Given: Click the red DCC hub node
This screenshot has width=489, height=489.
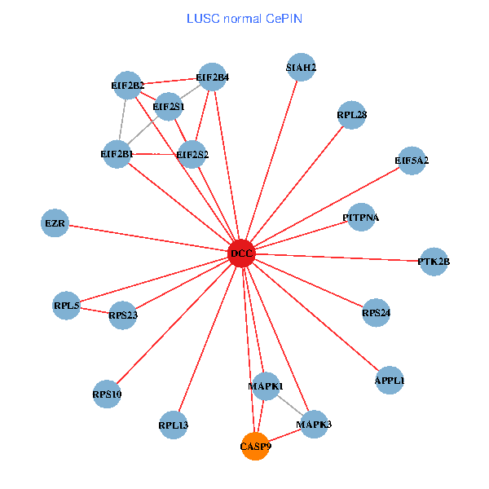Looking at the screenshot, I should tap(242, 254).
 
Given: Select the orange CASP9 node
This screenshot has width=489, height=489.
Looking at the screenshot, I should tap(256, 447).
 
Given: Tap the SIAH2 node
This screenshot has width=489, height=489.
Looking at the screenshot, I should tap(302, 67).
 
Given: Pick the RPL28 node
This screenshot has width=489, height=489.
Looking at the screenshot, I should tap(352, 115).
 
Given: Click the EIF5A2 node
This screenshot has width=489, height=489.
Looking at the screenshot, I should tap(412, 160).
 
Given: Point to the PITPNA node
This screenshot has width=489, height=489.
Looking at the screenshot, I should tap(361, 218).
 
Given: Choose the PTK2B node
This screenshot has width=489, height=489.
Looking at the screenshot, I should tap(434, 262).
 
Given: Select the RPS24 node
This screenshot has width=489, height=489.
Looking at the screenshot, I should tap(377, 312).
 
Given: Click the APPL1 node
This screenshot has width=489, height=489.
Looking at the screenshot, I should tap(390, 381).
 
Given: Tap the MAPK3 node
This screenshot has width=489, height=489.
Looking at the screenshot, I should tap(314, 425).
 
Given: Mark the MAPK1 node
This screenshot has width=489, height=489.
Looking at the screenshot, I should tap(266, 385).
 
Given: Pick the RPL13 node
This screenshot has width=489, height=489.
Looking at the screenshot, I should tap(174, 425).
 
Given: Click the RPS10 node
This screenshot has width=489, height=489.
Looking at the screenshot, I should tap(107, 394).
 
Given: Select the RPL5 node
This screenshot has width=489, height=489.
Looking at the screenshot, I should tap(67, 306).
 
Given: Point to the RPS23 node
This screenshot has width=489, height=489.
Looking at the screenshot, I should tap(123, 315).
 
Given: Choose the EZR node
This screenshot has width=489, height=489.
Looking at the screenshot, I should tap(55, 222).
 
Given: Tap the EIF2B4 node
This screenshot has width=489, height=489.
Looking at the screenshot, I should tap(212, 77).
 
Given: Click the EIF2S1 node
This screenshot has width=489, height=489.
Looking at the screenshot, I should tap(169, 106).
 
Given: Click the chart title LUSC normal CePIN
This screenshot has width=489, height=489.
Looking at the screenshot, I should tap(244, 18).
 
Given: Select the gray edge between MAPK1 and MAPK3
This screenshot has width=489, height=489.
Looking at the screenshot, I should tap(290, 405).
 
